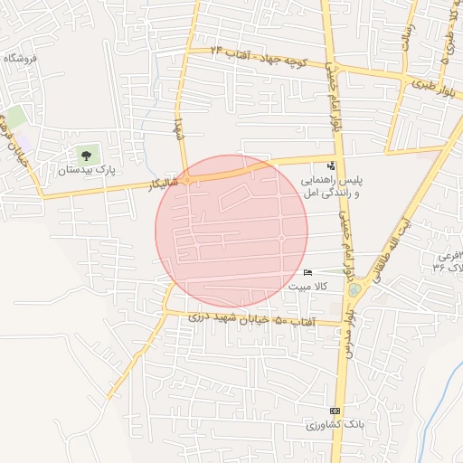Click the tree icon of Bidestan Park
coord(86,155)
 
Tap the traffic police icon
coord(332,165)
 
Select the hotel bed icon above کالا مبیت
coord(308,273)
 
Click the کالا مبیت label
coord(308,287)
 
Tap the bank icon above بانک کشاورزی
coord(335,411)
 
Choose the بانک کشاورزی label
coord(326,424)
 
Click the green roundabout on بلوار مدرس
coord(354,290)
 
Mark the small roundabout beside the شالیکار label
coord(187,180)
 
